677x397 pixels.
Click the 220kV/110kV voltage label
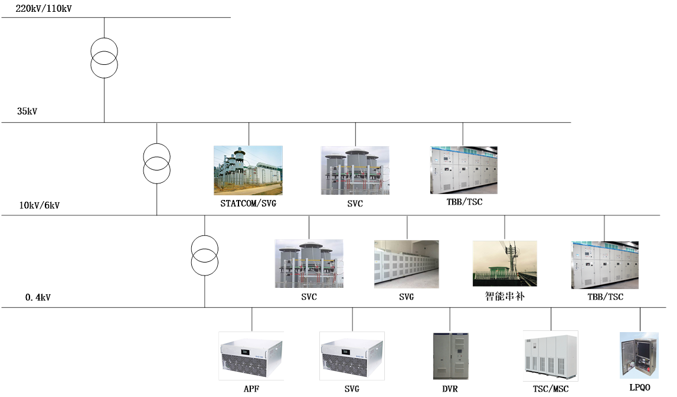44,9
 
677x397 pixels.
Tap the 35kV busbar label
27,111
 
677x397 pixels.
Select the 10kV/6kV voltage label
40,205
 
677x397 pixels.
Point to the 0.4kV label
38,297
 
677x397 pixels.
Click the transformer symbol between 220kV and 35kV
104,57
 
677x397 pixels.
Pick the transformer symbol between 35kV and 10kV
157,163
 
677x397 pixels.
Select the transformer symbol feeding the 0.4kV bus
205,255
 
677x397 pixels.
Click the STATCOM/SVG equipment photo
248,170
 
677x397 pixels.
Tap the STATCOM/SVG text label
248,204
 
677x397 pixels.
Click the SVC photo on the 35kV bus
355,170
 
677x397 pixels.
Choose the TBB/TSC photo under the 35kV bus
464,170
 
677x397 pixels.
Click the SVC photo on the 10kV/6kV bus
309,264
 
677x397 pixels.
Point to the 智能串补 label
505,296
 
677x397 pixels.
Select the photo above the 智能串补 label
505,264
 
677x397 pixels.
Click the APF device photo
251,356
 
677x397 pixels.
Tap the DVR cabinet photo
450,356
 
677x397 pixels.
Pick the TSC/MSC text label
550,389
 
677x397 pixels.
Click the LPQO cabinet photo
639,355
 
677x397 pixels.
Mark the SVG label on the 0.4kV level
352,389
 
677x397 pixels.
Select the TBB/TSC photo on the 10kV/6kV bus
605,265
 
